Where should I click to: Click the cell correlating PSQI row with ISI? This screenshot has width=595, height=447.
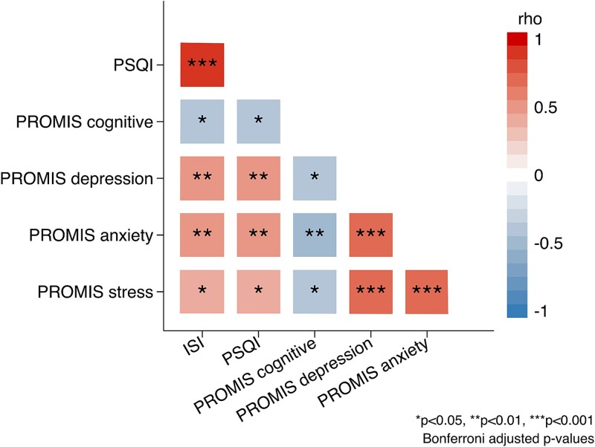point(202,65)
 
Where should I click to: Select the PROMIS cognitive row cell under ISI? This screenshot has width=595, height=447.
point(202,121)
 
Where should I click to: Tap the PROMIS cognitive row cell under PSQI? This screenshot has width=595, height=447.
point(259,121)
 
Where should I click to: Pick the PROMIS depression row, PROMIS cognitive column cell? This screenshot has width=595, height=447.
point(315,178)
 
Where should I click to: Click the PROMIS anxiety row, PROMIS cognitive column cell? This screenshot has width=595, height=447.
point(315,235)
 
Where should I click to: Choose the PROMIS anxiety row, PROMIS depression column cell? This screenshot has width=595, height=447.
point(371,235)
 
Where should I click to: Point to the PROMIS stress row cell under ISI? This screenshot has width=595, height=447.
point(202,292)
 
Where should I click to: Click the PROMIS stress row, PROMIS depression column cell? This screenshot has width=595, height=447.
point(371,292)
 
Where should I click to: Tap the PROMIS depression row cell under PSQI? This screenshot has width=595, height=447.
point(259,178)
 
